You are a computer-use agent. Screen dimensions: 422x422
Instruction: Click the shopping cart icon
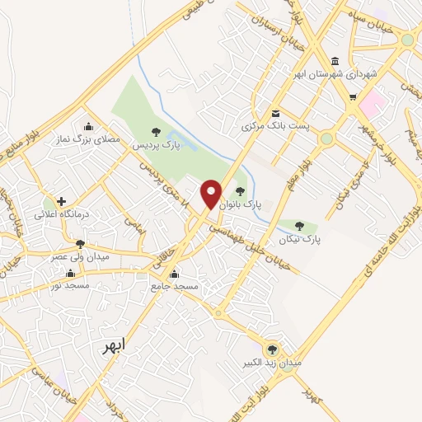coord(352,98)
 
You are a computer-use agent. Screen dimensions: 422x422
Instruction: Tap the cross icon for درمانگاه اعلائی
coord(61,200)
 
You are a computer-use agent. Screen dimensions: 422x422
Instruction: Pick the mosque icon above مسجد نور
coord(70,273)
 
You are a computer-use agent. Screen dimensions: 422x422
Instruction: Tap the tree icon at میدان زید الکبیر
coord(272,349)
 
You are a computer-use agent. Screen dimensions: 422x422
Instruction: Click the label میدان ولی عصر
coord(80,256)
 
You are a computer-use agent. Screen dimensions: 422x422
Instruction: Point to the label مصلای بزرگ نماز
coord(88,139)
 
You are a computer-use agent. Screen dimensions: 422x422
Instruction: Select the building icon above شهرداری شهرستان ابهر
coord(334,62)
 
